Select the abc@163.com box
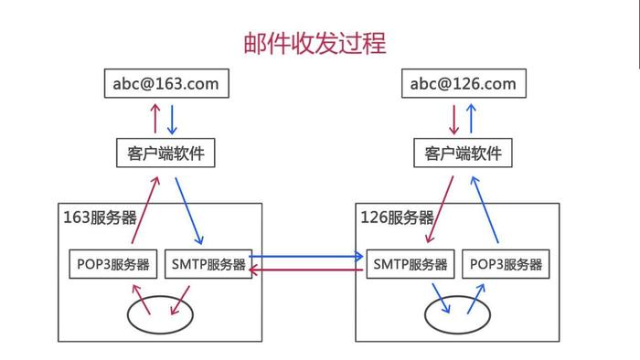point(165,84)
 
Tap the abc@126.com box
point(463,84)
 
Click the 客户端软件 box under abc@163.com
point(165,153)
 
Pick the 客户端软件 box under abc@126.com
point(463,153)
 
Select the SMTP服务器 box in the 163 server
point(208,264)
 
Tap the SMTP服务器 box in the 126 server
point(411,264)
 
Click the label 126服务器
point(398,217)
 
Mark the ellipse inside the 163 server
point(160,312)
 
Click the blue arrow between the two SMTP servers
point(307,257)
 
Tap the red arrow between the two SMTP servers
point(307,270)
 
